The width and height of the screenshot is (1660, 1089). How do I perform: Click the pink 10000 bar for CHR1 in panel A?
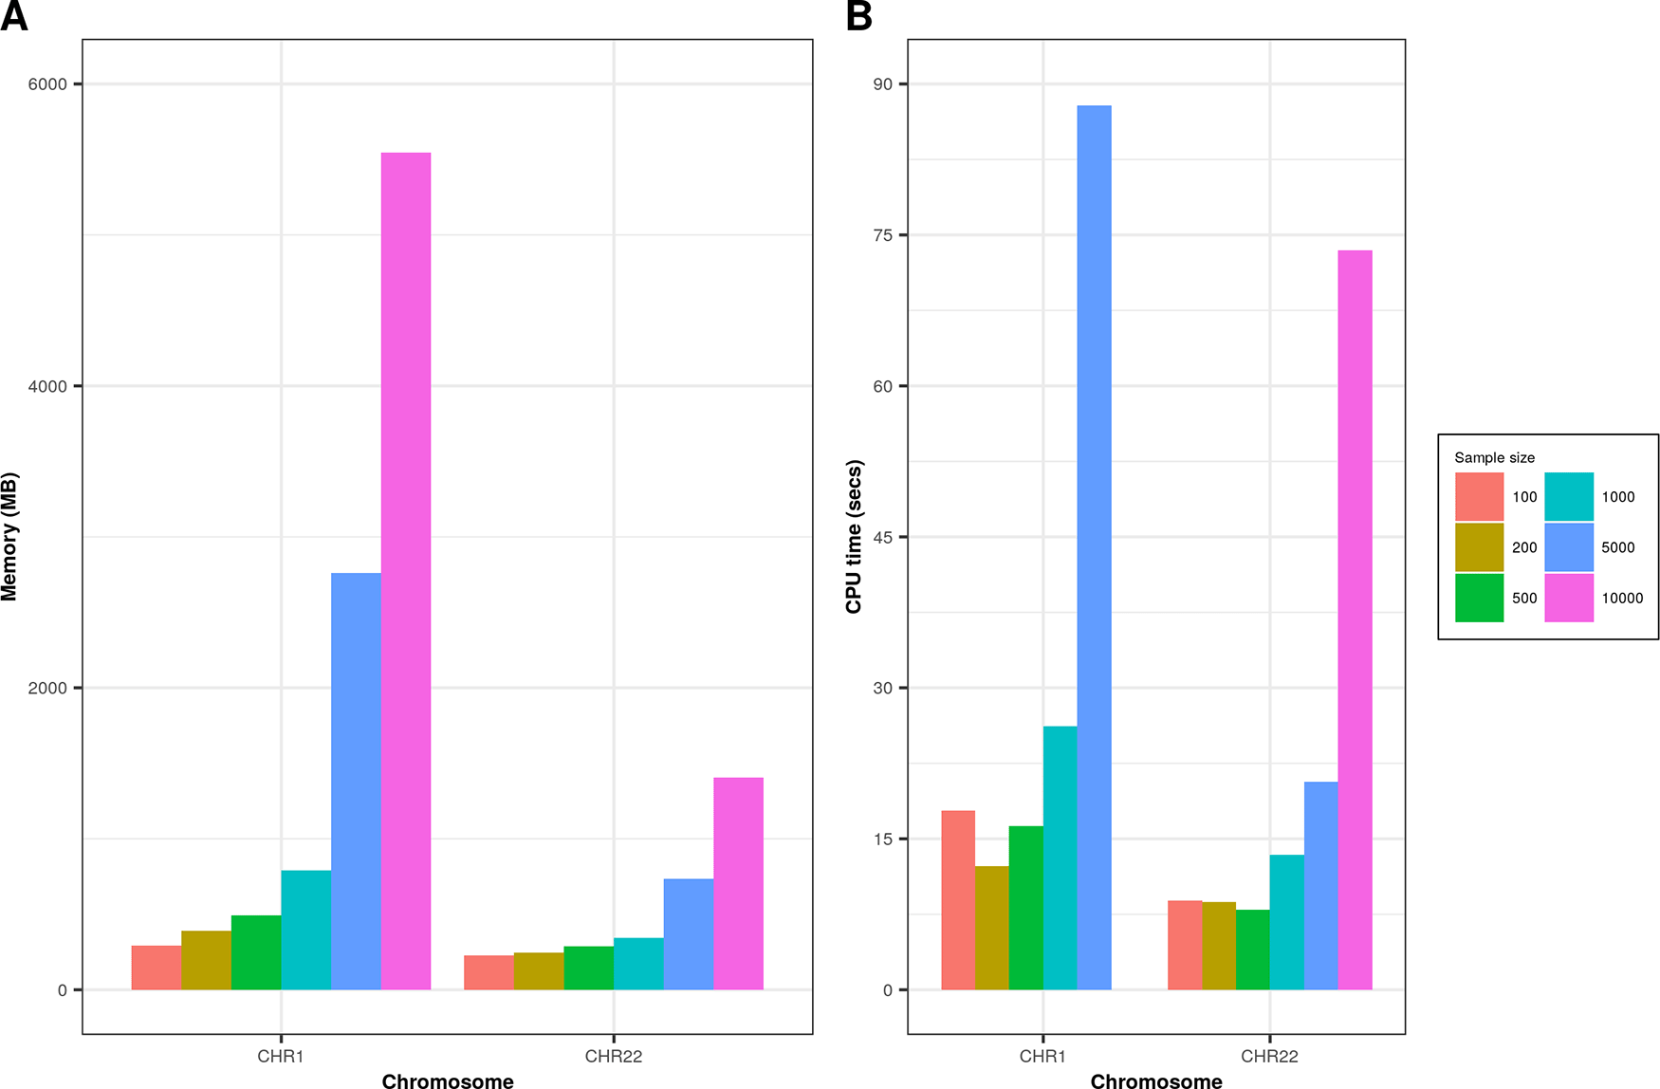(406, 569)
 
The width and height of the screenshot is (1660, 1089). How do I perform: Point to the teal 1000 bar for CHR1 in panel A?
(306, 930)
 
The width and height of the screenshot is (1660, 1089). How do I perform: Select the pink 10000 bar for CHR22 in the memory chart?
(738, 883)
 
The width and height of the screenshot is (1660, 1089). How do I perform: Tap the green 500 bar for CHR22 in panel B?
(1252, 950)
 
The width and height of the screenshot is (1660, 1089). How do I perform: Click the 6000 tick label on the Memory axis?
(47, 84)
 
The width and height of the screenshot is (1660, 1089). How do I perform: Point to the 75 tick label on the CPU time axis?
(883, 235)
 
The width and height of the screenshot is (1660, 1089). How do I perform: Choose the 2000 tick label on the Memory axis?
(47, 688)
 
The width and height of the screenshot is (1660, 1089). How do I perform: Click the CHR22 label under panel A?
(614, 1056)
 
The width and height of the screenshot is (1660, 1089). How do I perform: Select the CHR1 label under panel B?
(1042, 1056)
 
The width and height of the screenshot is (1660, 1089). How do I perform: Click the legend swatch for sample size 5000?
(1569, 547)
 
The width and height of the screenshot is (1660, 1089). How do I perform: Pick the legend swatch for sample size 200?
(1479, 547)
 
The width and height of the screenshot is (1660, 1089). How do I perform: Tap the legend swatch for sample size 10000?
(1569, 598)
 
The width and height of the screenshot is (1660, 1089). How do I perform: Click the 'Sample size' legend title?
(1494, 457)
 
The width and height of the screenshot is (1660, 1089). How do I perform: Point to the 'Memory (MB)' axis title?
(9, 537)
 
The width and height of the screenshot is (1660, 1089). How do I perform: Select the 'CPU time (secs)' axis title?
(854, 537)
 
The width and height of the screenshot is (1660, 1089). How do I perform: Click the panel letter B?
(859, 16)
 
